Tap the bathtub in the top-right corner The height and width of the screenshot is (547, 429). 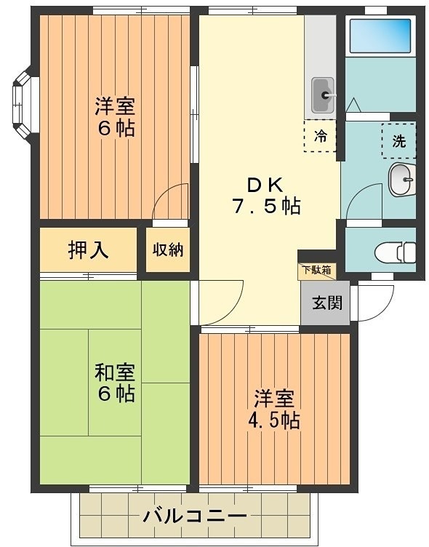click(380, 34)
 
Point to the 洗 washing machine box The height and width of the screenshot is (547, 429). click(398, 141)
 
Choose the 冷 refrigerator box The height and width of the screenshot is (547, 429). click(320, 135)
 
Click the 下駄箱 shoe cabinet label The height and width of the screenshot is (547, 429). click(316, 270)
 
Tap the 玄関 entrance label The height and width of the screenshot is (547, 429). click(325, 302)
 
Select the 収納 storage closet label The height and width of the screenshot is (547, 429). click(168, 249)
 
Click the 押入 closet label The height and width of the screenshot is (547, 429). click(88, 249)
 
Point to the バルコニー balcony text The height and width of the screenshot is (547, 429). click(194, 517)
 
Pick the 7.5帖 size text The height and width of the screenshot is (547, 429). click(265, 206)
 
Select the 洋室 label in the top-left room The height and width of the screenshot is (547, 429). click(114, 106)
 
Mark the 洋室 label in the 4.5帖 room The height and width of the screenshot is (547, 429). click(274, 399)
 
